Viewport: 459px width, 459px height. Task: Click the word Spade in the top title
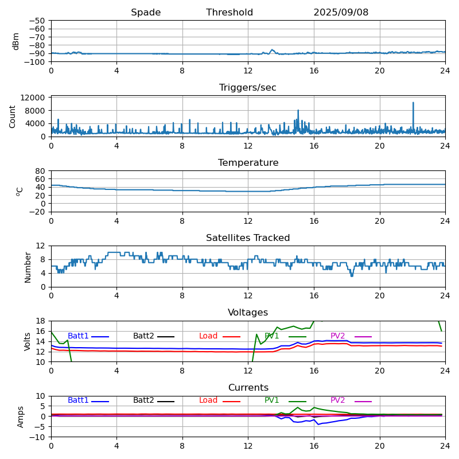click(x=146, y=13)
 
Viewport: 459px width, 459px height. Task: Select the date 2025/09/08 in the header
click(x=341, y=13)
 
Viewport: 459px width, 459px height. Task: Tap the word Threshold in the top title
click(x=229, y=13)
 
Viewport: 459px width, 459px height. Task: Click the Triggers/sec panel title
click(x=248, y=88)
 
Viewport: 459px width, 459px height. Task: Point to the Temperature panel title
click(x=248, y=163)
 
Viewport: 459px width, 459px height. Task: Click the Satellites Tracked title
click(x=248, y=238)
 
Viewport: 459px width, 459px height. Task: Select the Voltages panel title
click(x=248, y=313)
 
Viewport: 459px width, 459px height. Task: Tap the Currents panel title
click(x=248, y=388)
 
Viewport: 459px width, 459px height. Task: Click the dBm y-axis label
click(x=16, y=41)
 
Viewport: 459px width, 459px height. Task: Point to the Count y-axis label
click(x=13, y=116)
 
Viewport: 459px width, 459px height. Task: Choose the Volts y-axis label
click(x=28, y=341)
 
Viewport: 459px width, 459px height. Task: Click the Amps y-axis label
click(x=21, y=417)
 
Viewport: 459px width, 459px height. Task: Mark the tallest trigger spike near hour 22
click(x=413, y=103)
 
